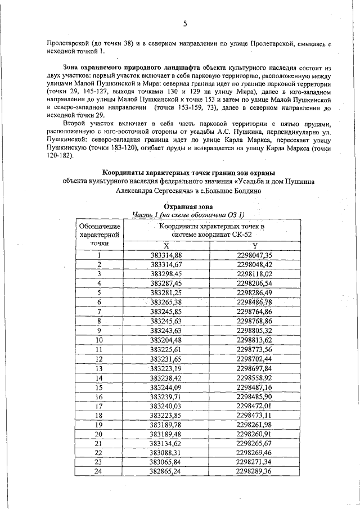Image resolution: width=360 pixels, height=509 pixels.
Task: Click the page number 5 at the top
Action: [x=184, y=23]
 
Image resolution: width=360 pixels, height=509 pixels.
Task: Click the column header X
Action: [x=166, y=246]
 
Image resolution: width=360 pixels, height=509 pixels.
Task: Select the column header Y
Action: [x=254, y=246]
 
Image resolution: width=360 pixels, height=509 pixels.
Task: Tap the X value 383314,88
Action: [x=166, y=255]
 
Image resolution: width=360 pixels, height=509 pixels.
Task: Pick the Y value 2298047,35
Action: [x=254, y=255]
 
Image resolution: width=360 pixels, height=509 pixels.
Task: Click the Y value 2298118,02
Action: [x=254, y=273]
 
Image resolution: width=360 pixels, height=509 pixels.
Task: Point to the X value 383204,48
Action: [x=166, y=340]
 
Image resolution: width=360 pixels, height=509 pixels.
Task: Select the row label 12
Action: [x=99, y=358]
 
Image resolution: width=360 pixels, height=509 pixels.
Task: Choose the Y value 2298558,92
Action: [x=254, y=377]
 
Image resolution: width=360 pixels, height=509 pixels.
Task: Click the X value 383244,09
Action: [x=166, y=387]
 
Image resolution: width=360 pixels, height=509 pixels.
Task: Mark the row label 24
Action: [x=99, y=471]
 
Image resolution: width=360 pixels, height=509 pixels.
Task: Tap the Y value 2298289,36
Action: [x=254, y=471]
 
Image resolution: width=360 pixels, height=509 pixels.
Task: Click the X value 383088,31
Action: [x=166, y=453]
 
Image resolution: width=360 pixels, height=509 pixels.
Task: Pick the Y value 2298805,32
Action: [x=254, y=330]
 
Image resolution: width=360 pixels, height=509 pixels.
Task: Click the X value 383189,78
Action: [x=166, y=424]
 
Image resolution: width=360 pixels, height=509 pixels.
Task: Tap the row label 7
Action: [x=99, y=311]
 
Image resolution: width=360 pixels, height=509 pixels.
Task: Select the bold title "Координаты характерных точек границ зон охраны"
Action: [x=183, y=172]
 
